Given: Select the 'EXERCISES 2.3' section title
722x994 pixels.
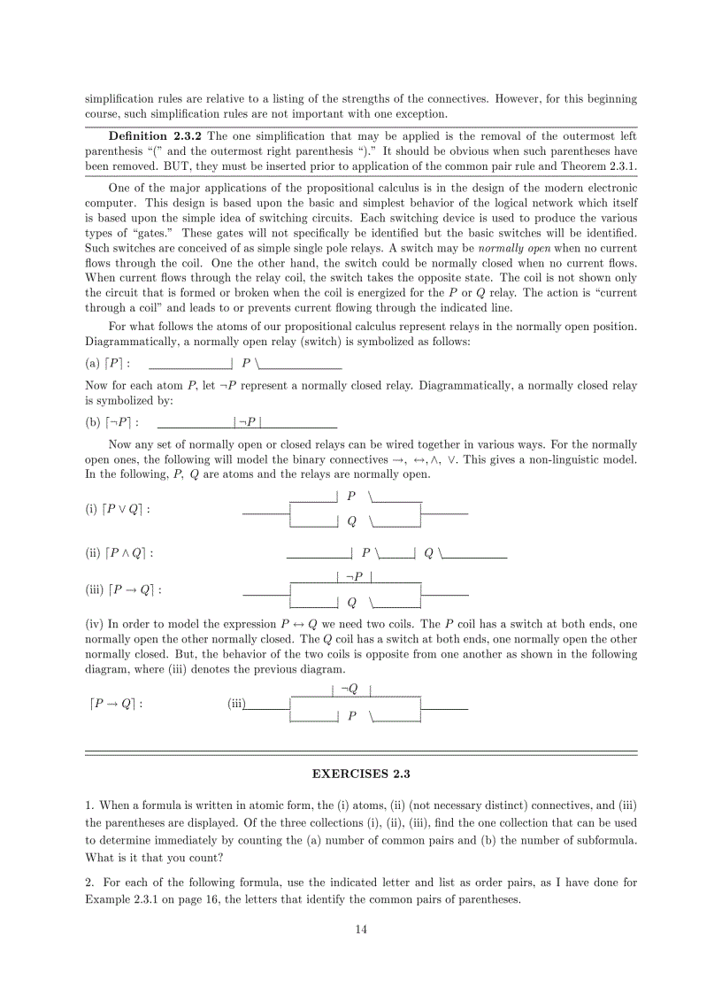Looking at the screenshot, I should pyautogui.click(x=361, y=773).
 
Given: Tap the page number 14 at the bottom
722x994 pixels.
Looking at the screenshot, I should pyautogui.click(x=361, y=929).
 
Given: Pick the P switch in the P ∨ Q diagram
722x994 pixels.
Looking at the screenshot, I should pyautogui.click(x=351, y=497).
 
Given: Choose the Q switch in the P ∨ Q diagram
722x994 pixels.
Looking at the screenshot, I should pyautogui.click(x=351, y=521).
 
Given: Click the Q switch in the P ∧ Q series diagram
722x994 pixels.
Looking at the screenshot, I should pyautogui.click(x=428, y=553).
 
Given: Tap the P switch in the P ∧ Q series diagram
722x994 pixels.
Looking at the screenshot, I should pyautogui.click(x=365, y=553).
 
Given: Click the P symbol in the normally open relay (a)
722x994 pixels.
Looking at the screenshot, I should pyautogui.click(x=245, y=363).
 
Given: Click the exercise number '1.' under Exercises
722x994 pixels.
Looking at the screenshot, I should pyautogui.click(x=90, y=805).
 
